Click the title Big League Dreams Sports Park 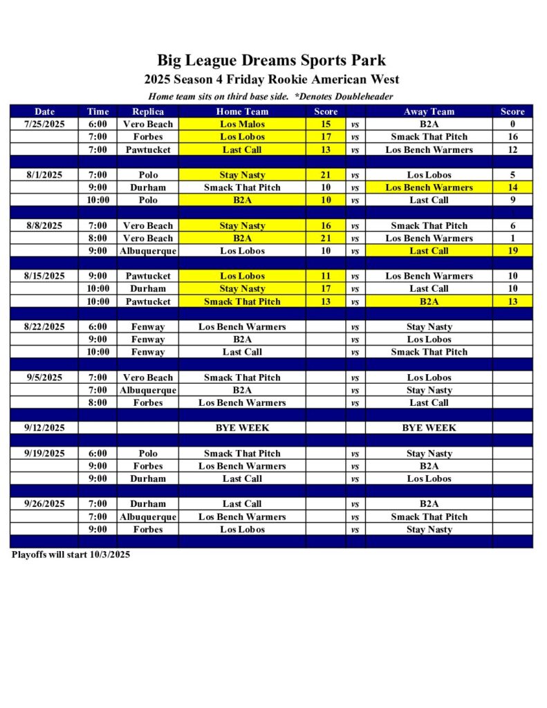coord(271,60)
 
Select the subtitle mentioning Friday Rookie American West coord(271,80)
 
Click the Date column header coord(44,111)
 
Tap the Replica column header coord(147,111)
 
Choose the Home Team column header coord(242,111)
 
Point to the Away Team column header coord(429,111)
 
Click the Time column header coord(98,111)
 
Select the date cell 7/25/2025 coord(44,124)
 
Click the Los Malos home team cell coord(242,124)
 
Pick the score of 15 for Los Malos coord(326,124)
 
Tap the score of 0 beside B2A coord(512,124)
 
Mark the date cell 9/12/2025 coord(44,428)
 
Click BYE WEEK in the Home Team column coord(242,428)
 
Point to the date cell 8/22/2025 coord(44,326)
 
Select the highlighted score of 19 coord(512,251)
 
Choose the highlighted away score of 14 coord(512,187)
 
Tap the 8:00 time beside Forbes coord(98,402)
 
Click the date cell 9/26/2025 coord(44,504)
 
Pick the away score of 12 coord(512,149)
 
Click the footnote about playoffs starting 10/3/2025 coord(71,555)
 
